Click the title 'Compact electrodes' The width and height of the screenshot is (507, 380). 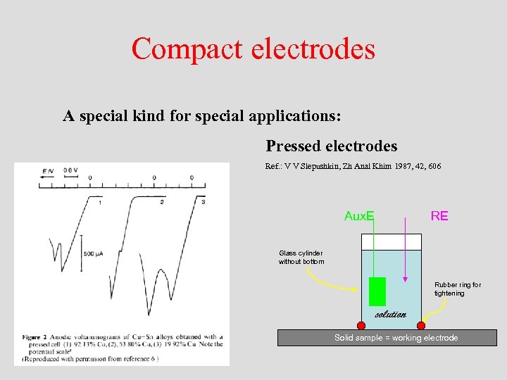click(x=253, y=49)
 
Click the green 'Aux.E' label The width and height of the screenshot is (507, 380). click(x=358, y=216)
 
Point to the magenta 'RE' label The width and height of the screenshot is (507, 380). click(x=439, y=216)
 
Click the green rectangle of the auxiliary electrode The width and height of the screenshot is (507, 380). click(x=377, y=291)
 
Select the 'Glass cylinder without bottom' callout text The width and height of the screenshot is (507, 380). click(x=301, y=257)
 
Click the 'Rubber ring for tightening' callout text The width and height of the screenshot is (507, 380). click(x=457, y=289)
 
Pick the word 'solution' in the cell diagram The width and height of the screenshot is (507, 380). click(x=391, y=314)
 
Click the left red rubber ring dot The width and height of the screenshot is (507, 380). click(x=362, y=325)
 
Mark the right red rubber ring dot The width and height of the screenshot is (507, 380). click(x=421, y=325)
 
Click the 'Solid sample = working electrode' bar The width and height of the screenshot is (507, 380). click(x=396, y=338)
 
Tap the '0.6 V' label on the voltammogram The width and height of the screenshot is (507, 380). click(x=70, y=170)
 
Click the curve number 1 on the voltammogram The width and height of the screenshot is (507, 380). click(x=101, y=203)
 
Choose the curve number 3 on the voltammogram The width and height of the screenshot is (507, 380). click(x=203, y=203)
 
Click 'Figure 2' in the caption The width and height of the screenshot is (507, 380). click(x=36, y=337)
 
